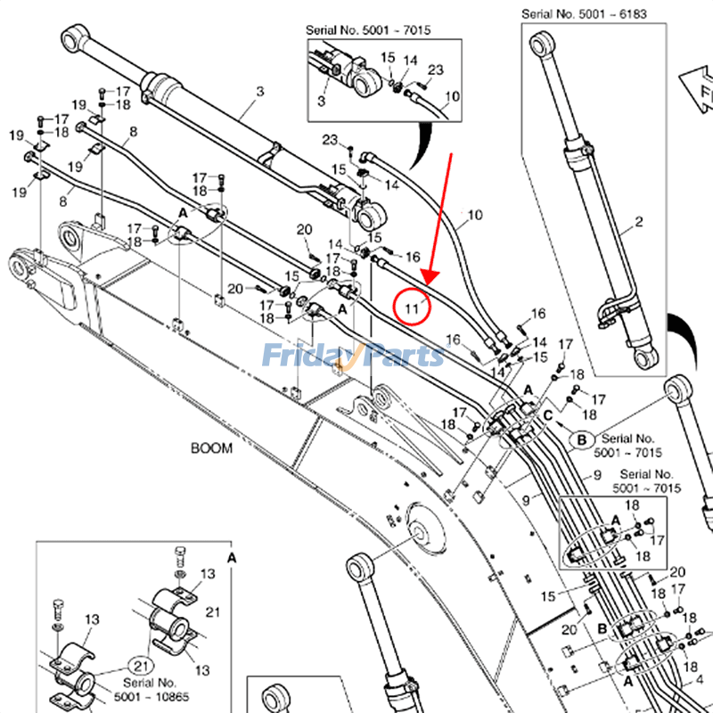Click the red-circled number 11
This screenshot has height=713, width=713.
coord(412,307)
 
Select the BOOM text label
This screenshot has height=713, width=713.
coord(211,448)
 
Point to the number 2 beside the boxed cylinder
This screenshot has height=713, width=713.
coord(638,220)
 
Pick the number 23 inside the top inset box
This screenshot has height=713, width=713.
coord(435,70)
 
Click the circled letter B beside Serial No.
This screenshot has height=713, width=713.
coord(581,439)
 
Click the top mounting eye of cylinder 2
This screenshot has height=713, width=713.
coord(541,45)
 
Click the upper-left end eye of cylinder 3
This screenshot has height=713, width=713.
coord(74,39)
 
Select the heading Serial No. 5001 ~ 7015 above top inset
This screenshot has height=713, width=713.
coord(368,30)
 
